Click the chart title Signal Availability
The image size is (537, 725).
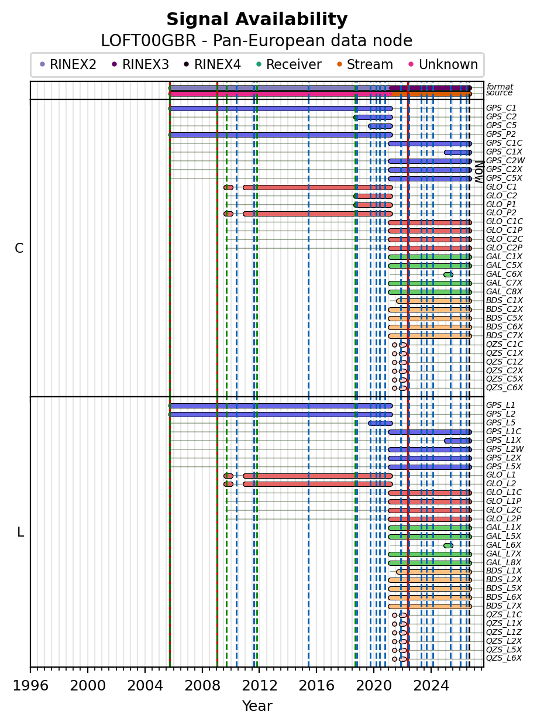[257, 19]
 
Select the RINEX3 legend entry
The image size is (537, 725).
[140, 64]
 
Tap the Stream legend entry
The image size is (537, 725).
[365, 64]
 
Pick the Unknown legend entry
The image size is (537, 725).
[443, 64]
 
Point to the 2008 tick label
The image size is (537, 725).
[202, 685]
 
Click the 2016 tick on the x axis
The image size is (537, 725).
[316, 670]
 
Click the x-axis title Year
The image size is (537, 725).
[257, 706]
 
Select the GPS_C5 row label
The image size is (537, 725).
[501, 126]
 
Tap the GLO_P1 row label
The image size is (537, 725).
[501, 205]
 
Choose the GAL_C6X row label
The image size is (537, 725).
[504, 274]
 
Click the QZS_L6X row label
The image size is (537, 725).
[504, 658]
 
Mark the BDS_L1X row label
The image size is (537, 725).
[504, 571]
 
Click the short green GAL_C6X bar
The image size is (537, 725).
[448, 274]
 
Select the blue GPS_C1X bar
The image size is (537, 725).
[458, 152]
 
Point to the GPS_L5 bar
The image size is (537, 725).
[380, 423]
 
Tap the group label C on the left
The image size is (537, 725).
[19, 249]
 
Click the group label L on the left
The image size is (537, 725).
[20, 532]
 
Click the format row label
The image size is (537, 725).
[500, 87]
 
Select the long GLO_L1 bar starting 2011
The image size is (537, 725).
[318, 476]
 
